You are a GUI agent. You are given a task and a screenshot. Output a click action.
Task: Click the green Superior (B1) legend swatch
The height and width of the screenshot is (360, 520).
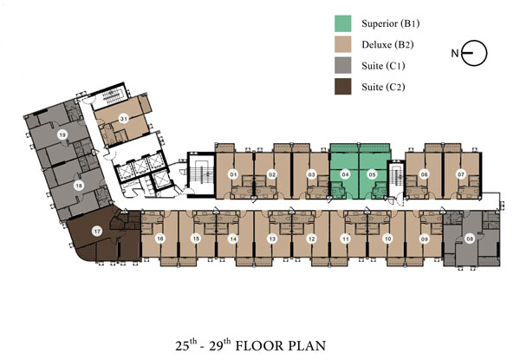pos(342,23)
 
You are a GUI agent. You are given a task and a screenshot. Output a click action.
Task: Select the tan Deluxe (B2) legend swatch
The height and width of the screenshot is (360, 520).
pos(342,44)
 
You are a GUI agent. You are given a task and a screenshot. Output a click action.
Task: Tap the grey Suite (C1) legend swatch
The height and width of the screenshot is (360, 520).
pos(342,65)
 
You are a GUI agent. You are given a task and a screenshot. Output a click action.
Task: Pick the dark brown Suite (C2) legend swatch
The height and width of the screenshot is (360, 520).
pos(342,87)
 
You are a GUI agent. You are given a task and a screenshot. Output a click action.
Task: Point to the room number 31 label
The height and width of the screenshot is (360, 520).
pos(124,119)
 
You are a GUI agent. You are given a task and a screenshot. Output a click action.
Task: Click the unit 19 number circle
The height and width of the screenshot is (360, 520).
pos(62,134)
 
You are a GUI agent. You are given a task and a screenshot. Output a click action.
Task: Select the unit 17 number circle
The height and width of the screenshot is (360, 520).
pos(97,231)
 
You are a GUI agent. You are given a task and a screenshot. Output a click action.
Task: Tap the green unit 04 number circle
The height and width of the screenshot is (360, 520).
pos(346,174)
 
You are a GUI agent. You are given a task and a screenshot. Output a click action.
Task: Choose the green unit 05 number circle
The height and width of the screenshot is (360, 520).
pos(373,174)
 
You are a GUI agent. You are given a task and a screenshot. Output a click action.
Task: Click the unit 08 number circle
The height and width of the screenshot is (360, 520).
pos(470,239)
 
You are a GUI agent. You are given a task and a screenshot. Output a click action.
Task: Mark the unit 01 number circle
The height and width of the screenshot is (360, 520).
pos(233,174)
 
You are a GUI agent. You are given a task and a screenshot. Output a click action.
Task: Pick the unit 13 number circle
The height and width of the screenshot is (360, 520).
pos(272,239)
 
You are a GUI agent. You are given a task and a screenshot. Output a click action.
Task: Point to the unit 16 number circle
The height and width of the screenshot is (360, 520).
pos(160,239)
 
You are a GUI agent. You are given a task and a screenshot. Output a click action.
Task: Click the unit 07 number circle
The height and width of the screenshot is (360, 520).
pos(461,174)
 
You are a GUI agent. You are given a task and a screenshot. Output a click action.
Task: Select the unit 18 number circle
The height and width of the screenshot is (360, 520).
pos(79,186)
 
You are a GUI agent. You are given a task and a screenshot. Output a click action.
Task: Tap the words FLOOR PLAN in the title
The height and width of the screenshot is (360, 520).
pos(281,346)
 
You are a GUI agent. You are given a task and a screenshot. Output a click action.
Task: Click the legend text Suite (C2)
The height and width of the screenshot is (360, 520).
pos(383,87)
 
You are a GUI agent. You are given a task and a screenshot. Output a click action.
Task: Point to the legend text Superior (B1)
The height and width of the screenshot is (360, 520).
pos(391,23)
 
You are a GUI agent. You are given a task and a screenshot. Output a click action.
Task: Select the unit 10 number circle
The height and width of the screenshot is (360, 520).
pos(387,239)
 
